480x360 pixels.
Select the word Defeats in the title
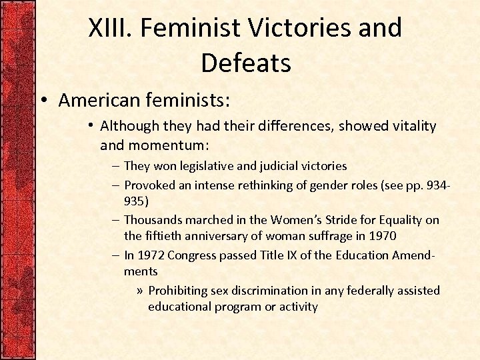coord(245,63)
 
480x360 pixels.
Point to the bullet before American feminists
coord(42,101)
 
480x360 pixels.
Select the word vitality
coord(412,126)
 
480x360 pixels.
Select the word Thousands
coord(154,219)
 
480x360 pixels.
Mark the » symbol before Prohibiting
coord(139,291)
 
